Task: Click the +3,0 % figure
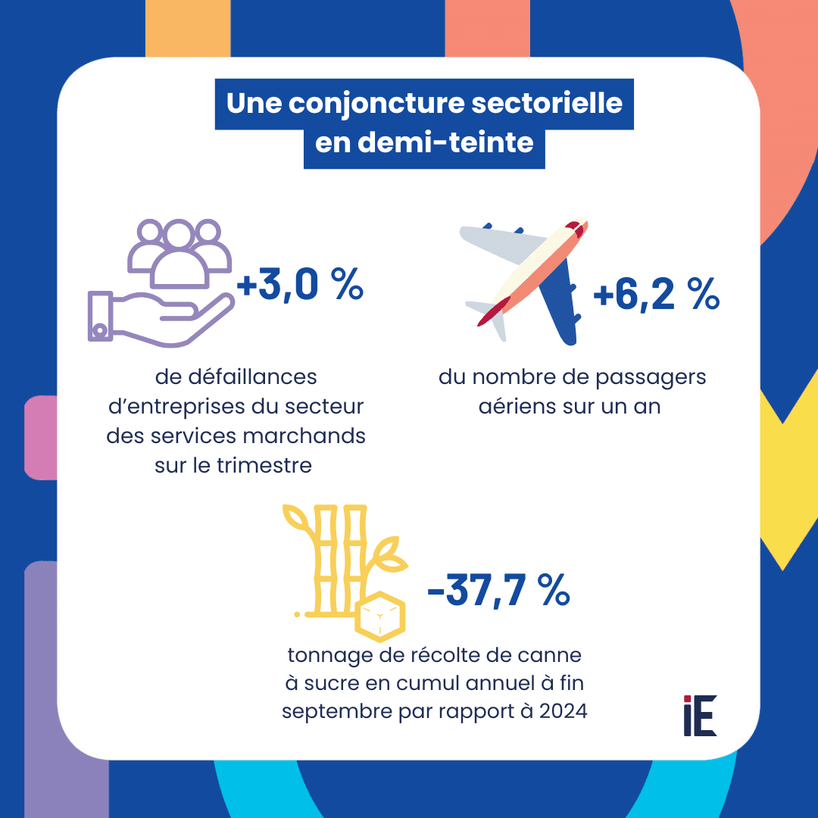(300, 287)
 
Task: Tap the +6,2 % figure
(656, 296)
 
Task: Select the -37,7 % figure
(498, 591)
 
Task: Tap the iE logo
(699, 715)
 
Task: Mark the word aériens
(516, 406)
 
